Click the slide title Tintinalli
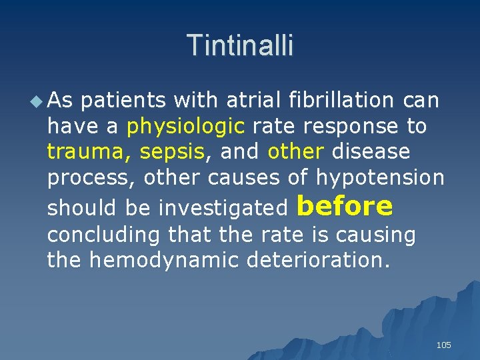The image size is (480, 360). point(240,45)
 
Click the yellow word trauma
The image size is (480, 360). point(89,152)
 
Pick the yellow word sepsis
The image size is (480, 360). point(172,152)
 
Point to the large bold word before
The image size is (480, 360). point(345,206)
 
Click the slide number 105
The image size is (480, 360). point(443,345)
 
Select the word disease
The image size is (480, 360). point(371,152)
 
